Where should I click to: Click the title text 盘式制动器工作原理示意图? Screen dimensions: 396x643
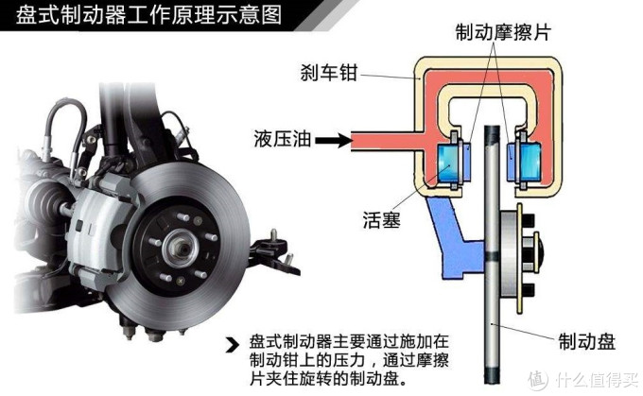[x=143, y=16]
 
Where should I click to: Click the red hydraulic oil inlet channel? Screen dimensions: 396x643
[x=378, y=140]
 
